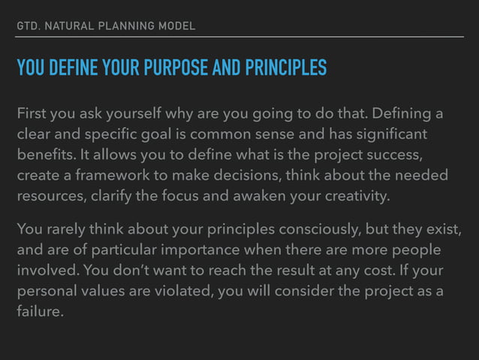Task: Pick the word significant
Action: pyautogui.click(x=396, y=135)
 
